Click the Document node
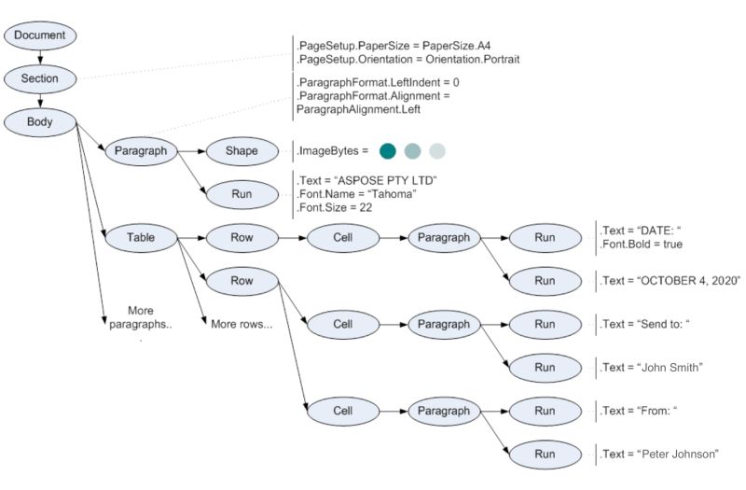coord(40,35)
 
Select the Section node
coord(40,78)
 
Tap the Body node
coord(40,121)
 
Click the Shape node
coord(242,151)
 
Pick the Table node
coord(141,237)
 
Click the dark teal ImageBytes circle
coord(388,151)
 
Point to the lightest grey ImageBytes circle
coord(437,151)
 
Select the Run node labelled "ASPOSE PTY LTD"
coord(242,194)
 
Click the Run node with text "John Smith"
coord(544,367)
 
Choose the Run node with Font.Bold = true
coord(544,237)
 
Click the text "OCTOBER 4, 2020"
coord(671,281)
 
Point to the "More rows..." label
coord(242,325)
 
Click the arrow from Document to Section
coord(40,57)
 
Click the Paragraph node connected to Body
coord(141,151)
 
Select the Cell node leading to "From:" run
coord(342,410)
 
